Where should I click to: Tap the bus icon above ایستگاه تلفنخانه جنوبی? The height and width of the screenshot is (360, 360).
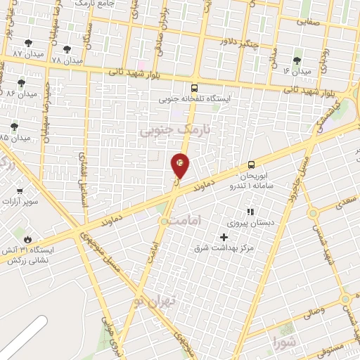(x=194, y=89)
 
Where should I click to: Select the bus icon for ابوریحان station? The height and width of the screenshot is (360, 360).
(x=251, y=166)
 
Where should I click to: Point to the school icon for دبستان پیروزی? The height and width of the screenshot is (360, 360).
(x=250, y=212)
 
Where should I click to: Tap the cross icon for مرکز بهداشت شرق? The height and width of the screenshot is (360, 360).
(x=224, y=238)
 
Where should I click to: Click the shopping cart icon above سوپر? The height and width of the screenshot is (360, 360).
(x=20, y=191)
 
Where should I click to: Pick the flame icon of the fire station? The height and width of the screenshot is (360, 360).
(x=27, y=239)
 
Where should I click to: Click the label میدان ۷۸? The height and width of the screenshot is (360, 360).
(x=67, y=60)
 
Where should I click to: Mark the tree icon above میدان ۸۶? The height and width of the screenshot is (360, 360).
(x=22, y=82)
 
